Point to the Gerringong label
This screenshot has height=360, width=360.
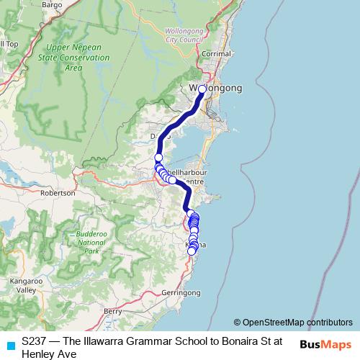tap(181, 293)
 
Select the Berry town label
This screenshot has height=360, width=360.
tap(112, 311)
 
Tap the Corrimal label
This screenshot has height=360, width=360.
tap(217, 54)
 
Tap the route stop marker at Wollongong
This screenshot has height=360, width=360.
tap(202, 89)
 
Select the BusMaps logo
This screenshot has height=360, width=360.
tap(325, 344)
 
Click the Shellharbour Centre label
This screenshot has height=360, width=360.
tap(193, 176)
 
